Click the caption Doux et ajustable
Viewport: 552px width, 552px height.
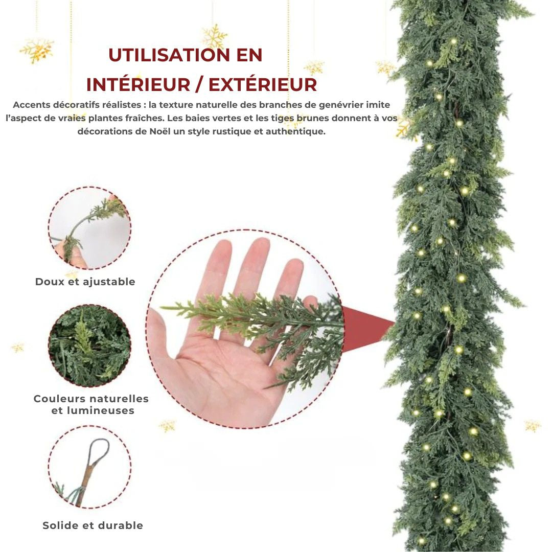(85, 282)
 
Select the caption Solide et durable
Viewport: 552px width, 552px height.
(93, 525)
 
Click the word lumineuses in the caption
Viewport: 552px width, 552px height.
(93, 410)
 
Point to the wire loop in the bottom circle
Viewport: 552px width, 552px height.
(99, 450)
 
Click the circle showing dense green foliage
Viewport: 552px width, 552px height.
(89, 346)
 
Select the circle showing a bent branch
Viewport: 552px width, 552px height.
(89, 227)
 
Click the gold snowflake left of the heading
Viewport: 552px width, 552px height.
(37, 50)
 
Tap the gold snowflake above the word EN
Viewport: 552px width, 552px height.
(214, 36)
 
